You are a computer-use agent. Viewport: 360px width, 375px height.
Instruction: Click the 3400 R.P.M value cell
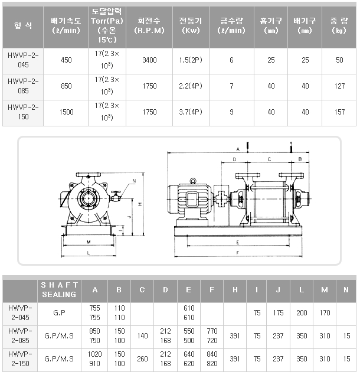pyautogui.click(x=149, y=60)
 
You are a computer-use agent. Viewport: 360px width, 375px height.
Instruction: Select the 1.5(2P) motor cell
pyautogui.click(x=191, y=60)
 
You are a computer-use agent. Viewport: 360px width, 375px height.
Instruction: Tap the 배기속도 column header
pyautogui.click(x=66, y=25)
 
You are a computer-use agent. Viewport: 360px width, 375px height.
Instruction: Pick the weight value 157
pyautogui.click(x=339, y=112)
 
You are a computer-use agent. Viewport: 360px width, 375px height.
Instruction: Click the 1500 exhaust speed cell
pyautogui.click(x=66, y=112)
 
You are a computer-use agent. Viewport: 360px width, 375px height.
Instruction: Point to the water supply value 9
pyautogui.click(x=231, y=112)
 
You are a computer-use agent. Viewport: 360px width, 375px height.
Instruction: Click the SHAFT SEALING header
pyautogui.click(x=59, y=289)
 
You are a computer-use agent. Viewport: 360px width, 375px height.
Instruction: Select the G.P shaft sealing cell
pyautogui.click(x=59, y=312)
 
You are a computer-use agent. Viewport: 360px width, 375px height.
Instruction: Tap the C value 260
pyautogui.click(x=142, y=358)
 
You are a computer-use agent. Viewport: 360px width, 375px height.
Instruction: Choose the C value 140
pyautogui.click(x=142, y=336)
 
